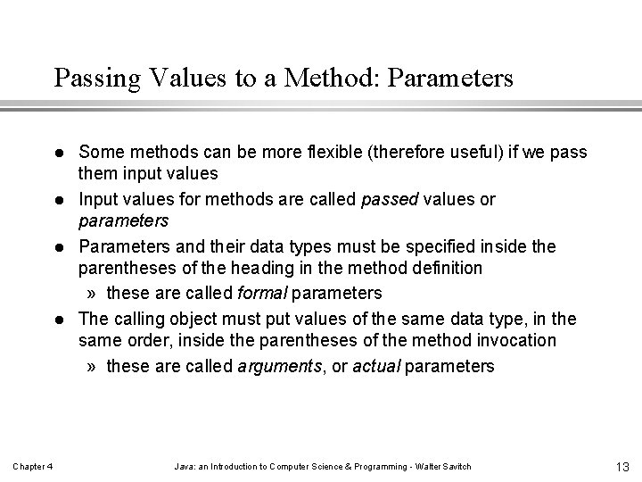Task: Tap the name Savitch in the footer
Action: [x=454, y=468]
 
